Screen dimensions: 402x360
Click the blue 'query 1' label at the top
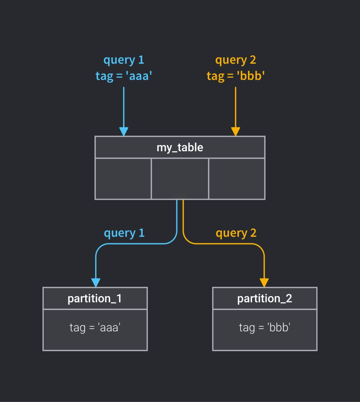(124, 60)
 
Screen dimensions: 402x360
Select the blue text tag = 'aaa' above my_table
(124, 76)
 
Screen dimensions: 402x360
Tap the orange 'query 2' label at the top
(235, 60)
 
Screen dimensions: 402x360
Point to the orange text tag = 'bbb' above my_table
(235, 76)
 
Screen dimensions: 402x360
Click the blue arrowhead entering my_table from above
(124, 132)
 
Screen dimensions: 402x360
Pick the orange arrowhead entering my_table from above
(235, 132)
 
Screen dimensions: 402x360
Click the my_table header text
(180, 147)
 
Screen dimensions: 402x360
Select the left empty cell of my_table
(123, 179)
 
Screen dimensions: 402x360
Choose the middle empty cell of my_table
(180, 179)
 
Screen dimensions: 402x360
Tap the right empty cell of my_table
(237, 179)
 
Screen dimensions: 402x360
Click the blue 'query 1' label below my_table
(124, 233)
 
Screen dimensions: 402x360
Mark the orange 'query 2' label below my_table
(236, 233)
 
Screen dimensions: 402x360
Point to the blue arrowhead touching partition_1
(96, 283)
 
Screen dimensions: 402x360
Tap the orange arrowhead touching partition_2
(264, 283)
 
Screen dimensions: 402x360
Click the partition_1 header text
(95, 298)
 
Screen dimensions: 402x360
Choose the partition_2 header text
(265, 298)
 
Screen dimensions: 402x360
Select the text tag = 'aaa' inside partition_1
(95, 327)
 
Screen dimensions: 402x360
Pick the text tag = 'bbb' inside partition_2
(265, 327)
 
